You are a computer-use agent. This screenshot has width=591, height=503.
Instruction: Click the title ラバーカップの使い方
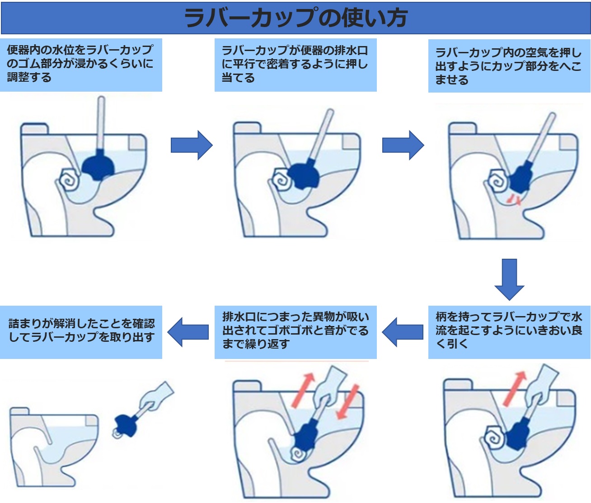[x=295, y=18]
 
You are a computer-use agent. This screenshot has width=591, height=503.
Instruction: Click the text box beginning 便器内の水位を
[x=81, y=65]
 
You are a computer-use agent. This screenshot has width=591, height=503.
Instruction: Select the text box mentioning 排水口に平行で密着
[x=295, y=65]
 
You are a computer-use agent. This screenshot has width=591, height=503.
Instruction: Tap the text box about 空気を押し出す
[x=509, y=66]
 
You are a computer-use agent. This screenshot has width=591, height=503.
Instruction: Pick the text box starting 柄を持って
[x=509, y=332]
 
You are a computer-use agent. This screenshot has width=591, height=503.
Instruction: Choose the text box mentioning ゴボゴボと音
[x=295, y=332]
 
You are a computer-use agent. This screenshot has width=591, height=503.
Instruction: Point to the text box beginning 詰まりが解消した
[x=81, y=332]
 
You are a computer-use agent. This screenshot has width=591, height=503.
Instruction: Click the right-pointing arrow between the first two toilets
[x=192, y=145]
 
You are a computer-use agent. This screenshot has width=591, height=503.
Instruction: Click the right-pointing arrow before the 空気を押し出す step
[x=403, y=145]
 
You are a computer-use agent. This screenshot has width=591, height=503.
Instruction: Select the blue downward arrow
[x=509, y=279]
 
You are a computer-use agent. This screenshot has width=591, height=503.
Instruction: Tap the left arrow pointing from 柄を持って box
[x=403, y=332]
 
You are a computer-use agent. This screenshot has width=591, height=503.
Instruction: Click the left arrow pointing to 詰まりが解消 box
[x=188, y=332]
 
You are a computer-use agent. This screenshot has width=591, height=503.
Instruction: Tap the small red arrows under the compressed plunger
[x=514, y=200]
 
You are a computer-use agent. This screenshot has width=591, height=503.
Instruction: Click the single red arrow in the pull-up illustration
[x=515, y=388]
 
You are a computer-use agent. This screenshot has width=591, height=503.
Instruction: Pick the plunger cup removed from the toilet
[x=126, y=425]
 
